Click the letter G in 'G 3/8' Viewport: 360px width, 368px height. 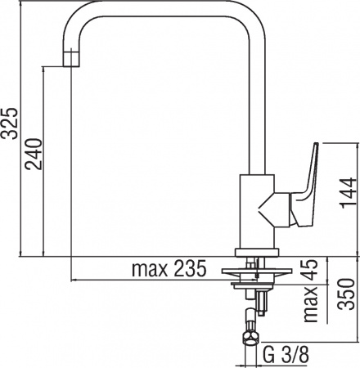point(269,357)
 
